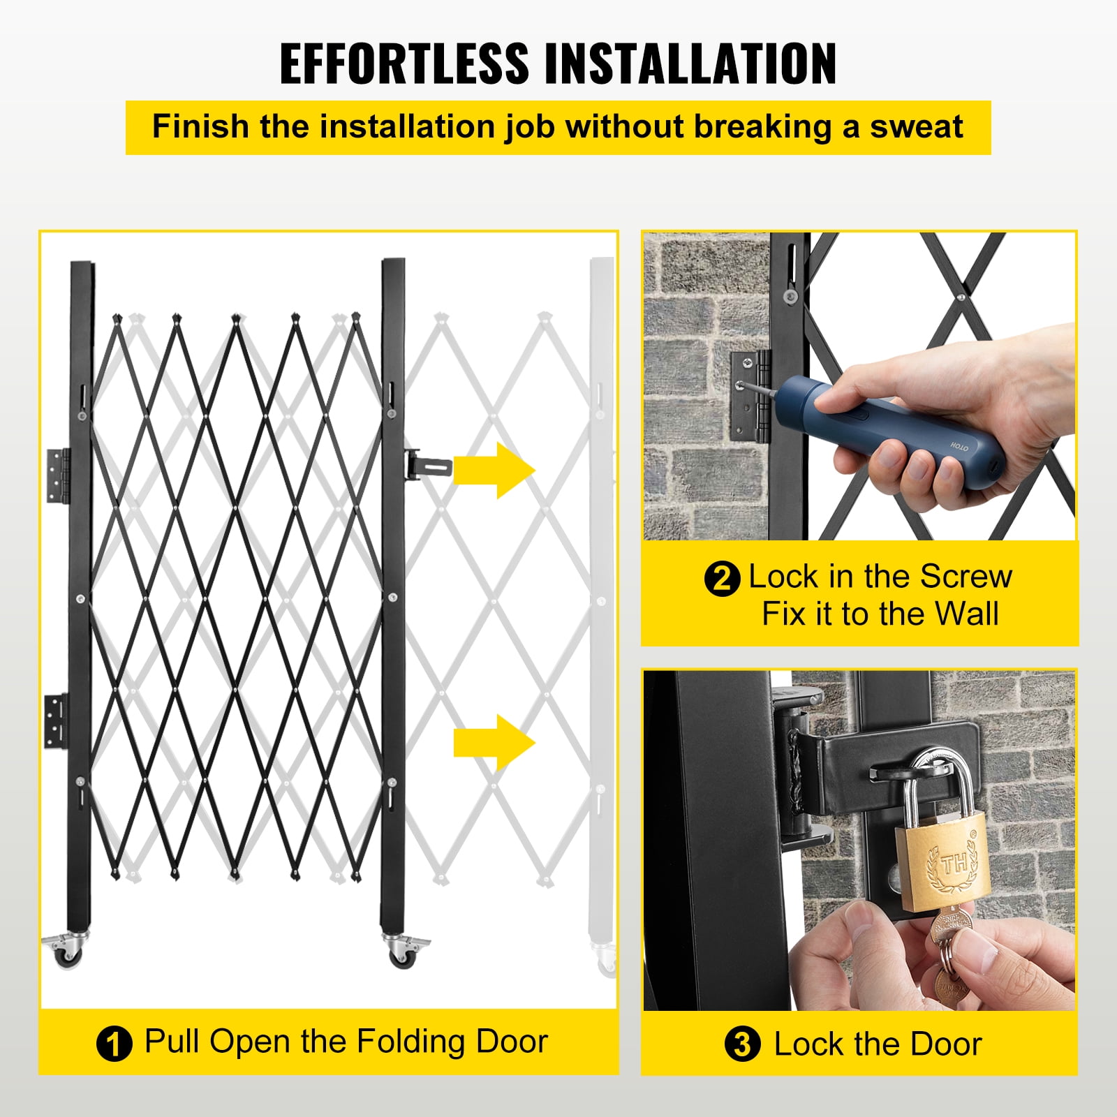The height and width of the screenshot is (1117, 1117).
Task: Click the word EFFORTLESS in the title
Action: tap(404, 64)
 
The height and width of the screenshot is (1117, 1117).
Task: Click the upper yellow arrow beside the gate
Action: tap(494, 470)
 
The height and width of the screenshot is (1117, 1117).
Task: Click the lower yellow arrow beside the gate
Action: tap(494, 743)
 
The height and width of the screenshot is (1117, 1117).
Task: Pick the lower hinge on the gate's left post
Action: tap(57, 721)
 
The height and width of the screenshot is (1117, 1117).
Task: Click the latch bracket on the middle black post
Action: tap(427, 464)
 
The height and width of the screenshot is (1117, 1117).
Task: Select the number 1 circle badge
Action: tap(114, 1044)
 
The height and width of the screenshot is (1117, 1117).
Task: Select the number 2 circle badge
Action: tap(721, 579)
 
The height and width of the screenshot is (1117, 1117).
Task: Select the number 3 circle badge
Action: tap(742, 1045)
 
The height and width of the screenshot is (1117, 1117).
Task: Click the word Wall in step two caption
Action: tap(967, 614)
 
